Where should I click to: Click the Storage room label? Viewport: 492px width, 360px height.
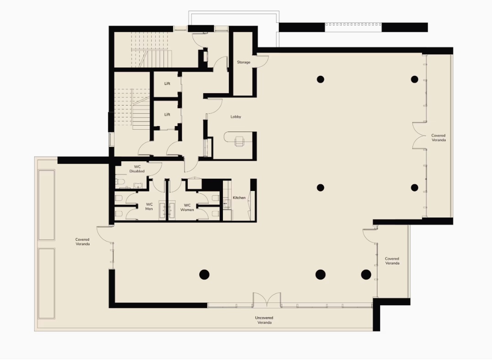[x=243, y=62]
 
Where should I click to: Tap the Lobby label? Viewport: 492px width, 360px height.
[x=236, y=117]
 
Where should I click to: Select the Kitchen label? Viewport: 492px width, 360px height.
[x=239, y=198]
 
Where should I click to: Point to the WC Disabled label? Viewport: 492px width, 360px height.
[x=137, y=169]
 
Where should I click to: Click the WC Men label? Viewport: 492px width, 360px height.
[x=149, y=206]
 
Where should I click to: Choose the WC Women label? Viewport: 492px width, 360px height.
[x=187, y=207]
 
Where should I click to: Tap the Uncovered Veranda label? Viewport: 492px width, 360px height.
[x=264, y=320]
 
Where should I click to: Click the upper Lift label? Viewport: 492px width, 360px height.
[x=167, y=84]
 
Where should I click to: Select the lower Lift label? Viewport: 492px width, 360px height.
[x=167, y=115]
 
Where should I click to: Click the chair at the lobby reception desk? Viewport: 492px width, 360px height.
[x=239, y=141]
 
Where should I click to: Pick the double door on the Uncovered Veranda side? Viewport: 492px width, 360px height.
[x=267, y=300]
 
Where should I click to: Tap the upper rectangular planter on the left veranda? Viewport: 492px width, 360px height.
[x=47, y=205]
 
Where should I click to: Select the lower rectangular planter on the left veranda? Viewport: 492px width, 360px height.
[x=47, y=284]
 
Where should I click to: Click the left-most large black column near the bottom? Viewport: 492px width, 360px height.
[x=204, y=275]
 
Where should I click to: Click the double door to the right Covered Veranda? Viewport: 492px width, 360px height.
[x=419, y=135]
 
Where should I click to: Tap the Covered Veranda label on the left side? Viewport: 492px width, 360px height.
[x=83, y=242]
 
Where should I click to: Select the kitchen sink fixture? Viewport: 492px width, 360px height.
[x=227, y=203]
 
